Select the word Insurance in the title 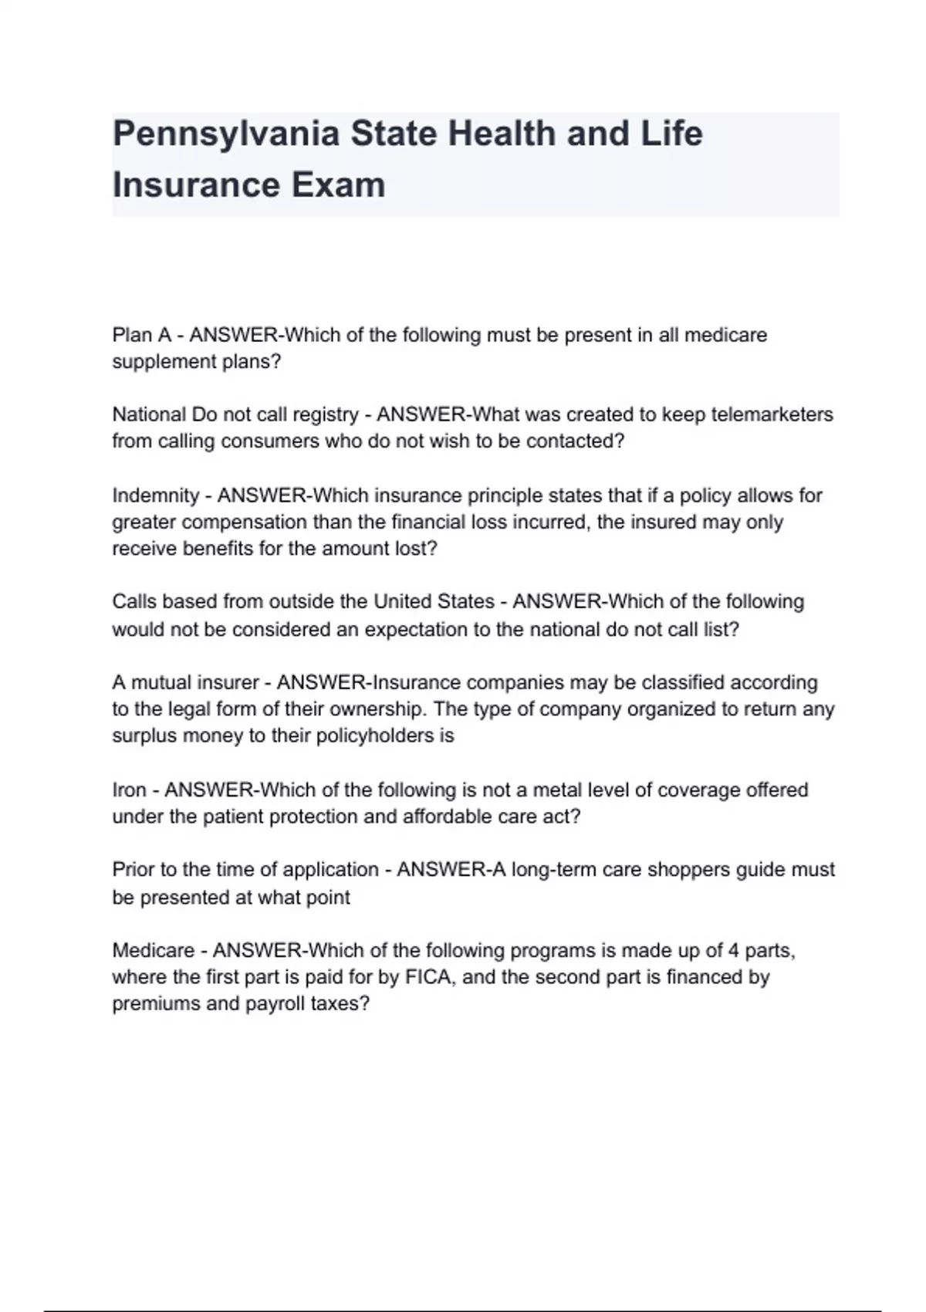pyautogui.click(x=195, y=185)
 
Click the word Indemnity pyautogui.click(x=155, y=495)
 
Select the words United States pyautogui.click(x=434, y=602)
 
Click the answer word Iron pyautogui.click(x=129, y=790)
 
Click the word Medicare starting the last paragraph pyautogui.click(x=153, y=951)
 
